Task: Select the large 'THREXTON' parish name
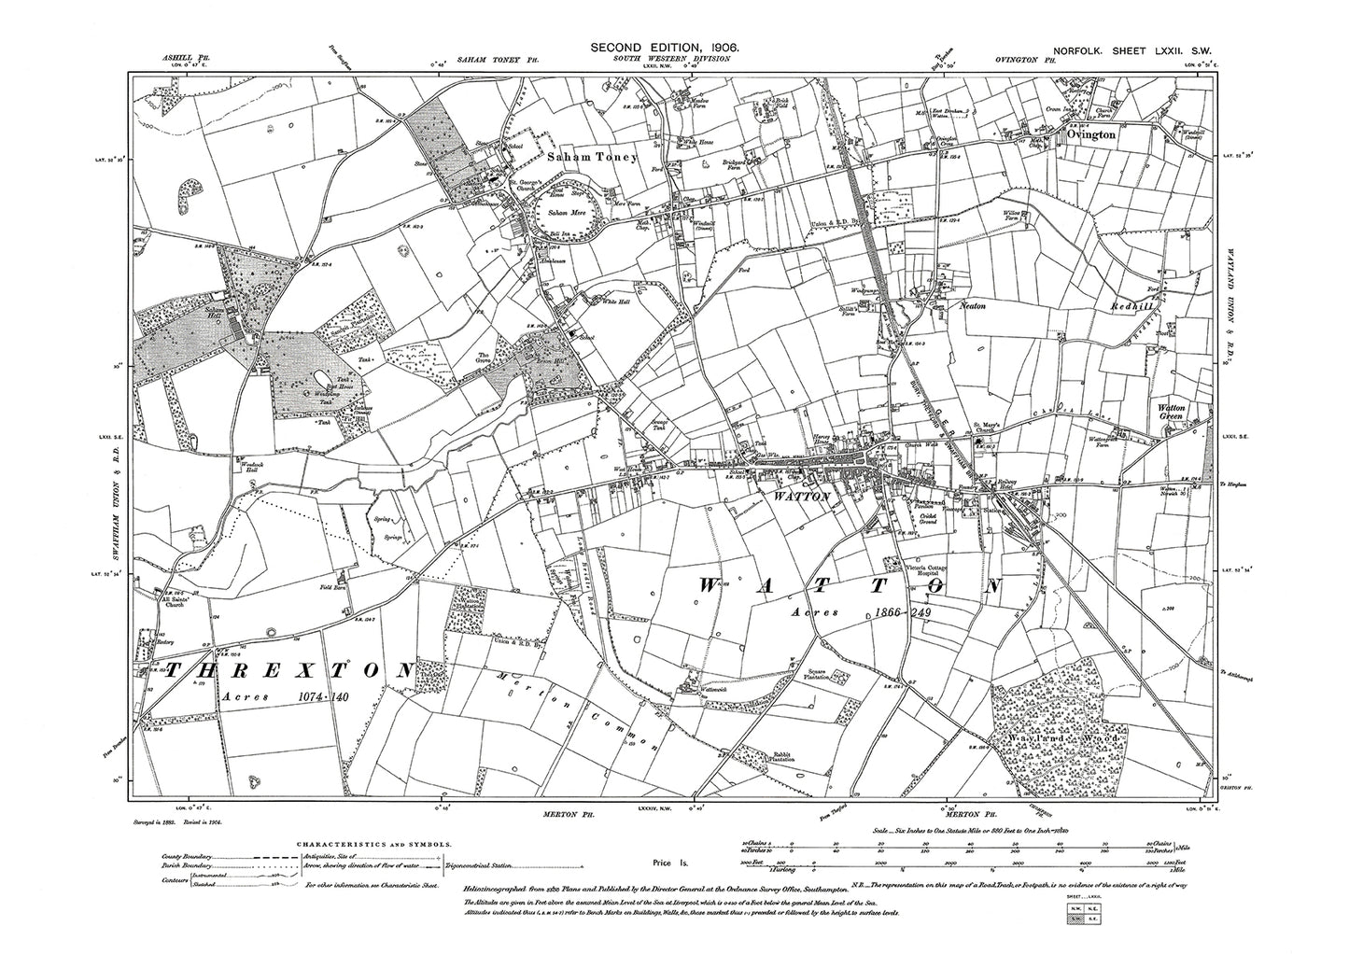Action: (x=288, y=672)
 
